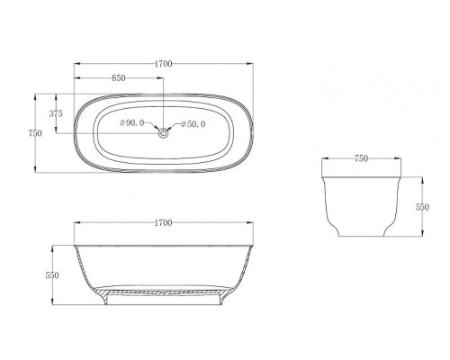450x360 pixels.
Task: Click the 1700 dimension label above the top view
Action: coord(164,64)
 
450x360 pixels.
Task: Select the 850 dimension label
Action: coord(119,78)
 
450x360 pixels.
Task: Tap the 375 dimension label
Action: coord(56,113)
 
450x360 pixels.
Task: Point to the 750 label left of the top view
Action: coord(35,133)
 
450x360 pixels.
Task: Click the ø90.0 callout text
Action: coord(132,122)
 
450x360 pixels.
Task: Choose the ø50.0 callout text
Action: coord(193,124)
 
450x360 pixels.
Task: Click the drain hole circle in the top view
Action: coord(163,133)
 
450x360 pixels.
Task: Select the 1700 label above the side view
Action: coord(164,223)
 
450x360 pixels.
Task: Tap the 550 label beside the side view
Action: coord(52,275)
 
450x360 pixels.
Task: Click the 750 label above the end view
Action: coord(361,158)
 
